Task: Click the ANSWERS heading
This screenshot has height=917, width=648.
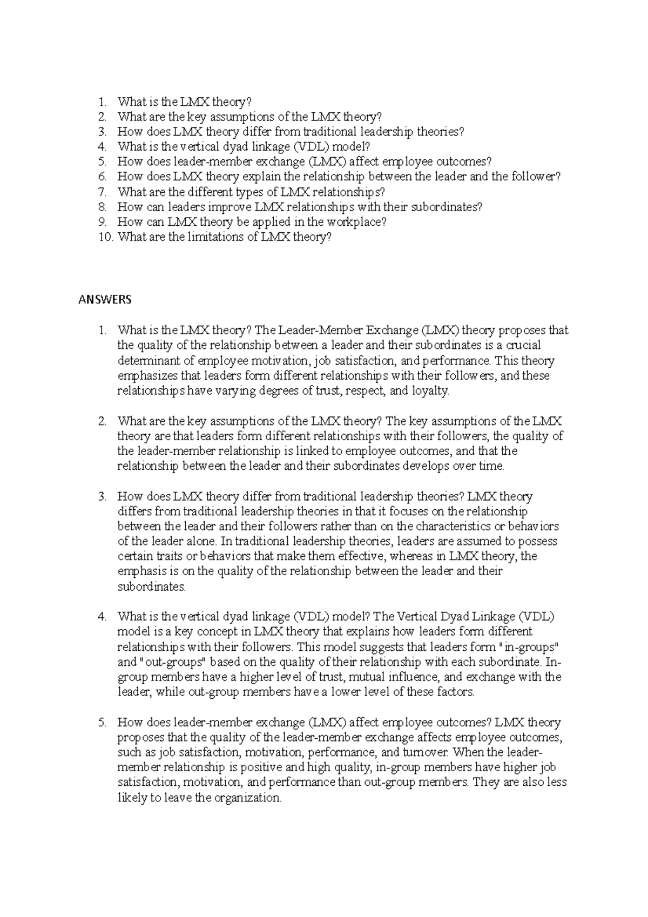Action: coord(105,300)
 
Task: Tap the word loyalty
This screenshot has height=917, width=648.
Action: coord(430,390)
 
